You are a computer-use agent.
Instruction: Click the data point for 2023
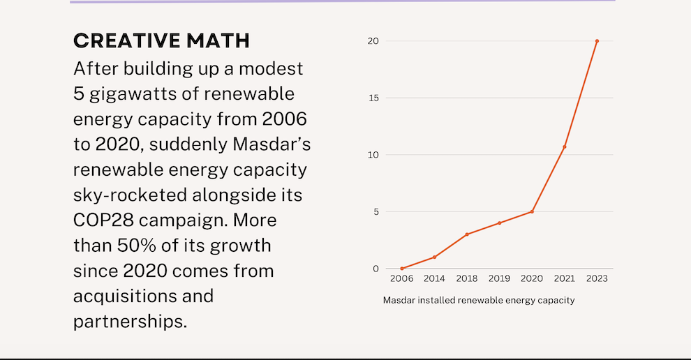click(x=597, y=41)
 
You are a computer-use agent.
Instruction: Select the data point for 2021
click(x=564, y=147)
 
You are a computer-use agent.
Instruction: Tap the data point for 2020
click(x=532, y=211)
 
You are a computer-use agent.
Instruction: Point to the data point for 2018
click(x=467, y=234)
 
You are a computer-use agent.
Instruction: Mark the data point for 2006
click(x=402, y=269)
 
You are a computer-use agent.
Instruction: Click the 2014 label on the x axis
click(x=434, y=279)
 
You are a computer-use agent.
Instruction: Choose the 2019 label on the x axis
click(x=499, y=279)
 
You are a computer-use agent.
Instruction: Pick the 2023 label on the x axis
click(x=597, y=279)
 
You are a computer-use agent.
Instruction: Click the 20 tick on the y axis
click(x=373, y=41)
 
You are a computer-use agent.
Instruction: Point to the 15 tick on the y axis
click(x=373, y=98)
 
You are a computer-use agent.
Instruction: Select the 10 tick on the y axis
click(x=373, y=155)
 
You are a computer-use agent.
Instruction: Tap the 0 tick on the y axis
click(x=376, y=269)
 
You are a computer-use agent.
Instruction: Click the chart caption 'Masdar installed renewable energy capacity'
click(x=478, y=301)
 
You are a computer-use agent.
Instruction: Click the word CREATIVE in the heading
click(x=124, y=41)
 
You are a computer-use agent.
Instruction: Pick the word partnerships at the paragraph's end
click(x=130, y=322)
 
